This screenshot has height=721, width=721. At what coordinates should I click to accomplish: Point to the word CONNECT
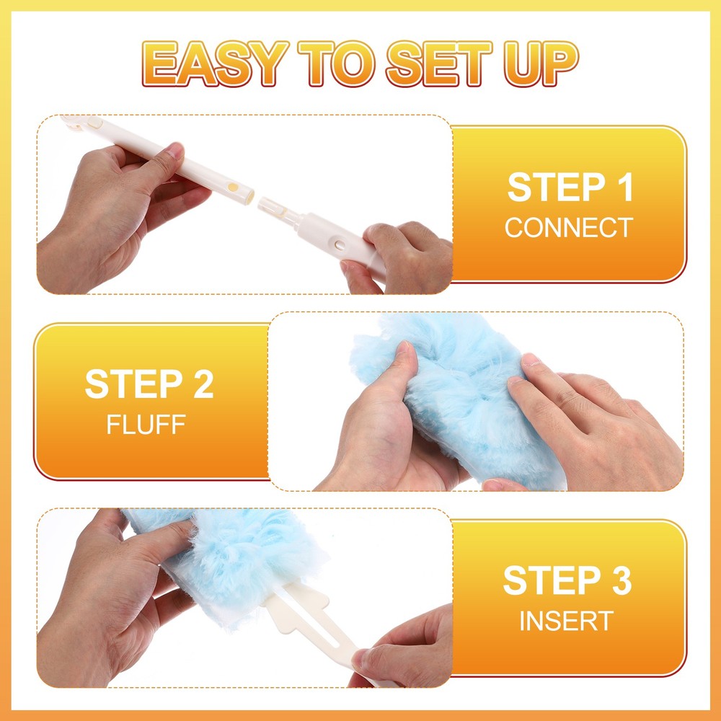point(568,228)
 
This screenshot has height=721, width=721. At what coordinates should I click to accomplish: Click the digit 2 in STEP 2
point(201,384)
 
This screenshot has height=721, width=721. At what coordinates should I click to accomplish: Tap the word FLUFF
point(146,424)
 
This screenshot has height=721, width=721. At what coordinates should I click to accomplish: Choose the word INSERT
point(567,621)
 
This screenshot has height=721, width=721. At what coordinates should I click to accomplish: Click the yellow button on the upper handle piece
point(233,185)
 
